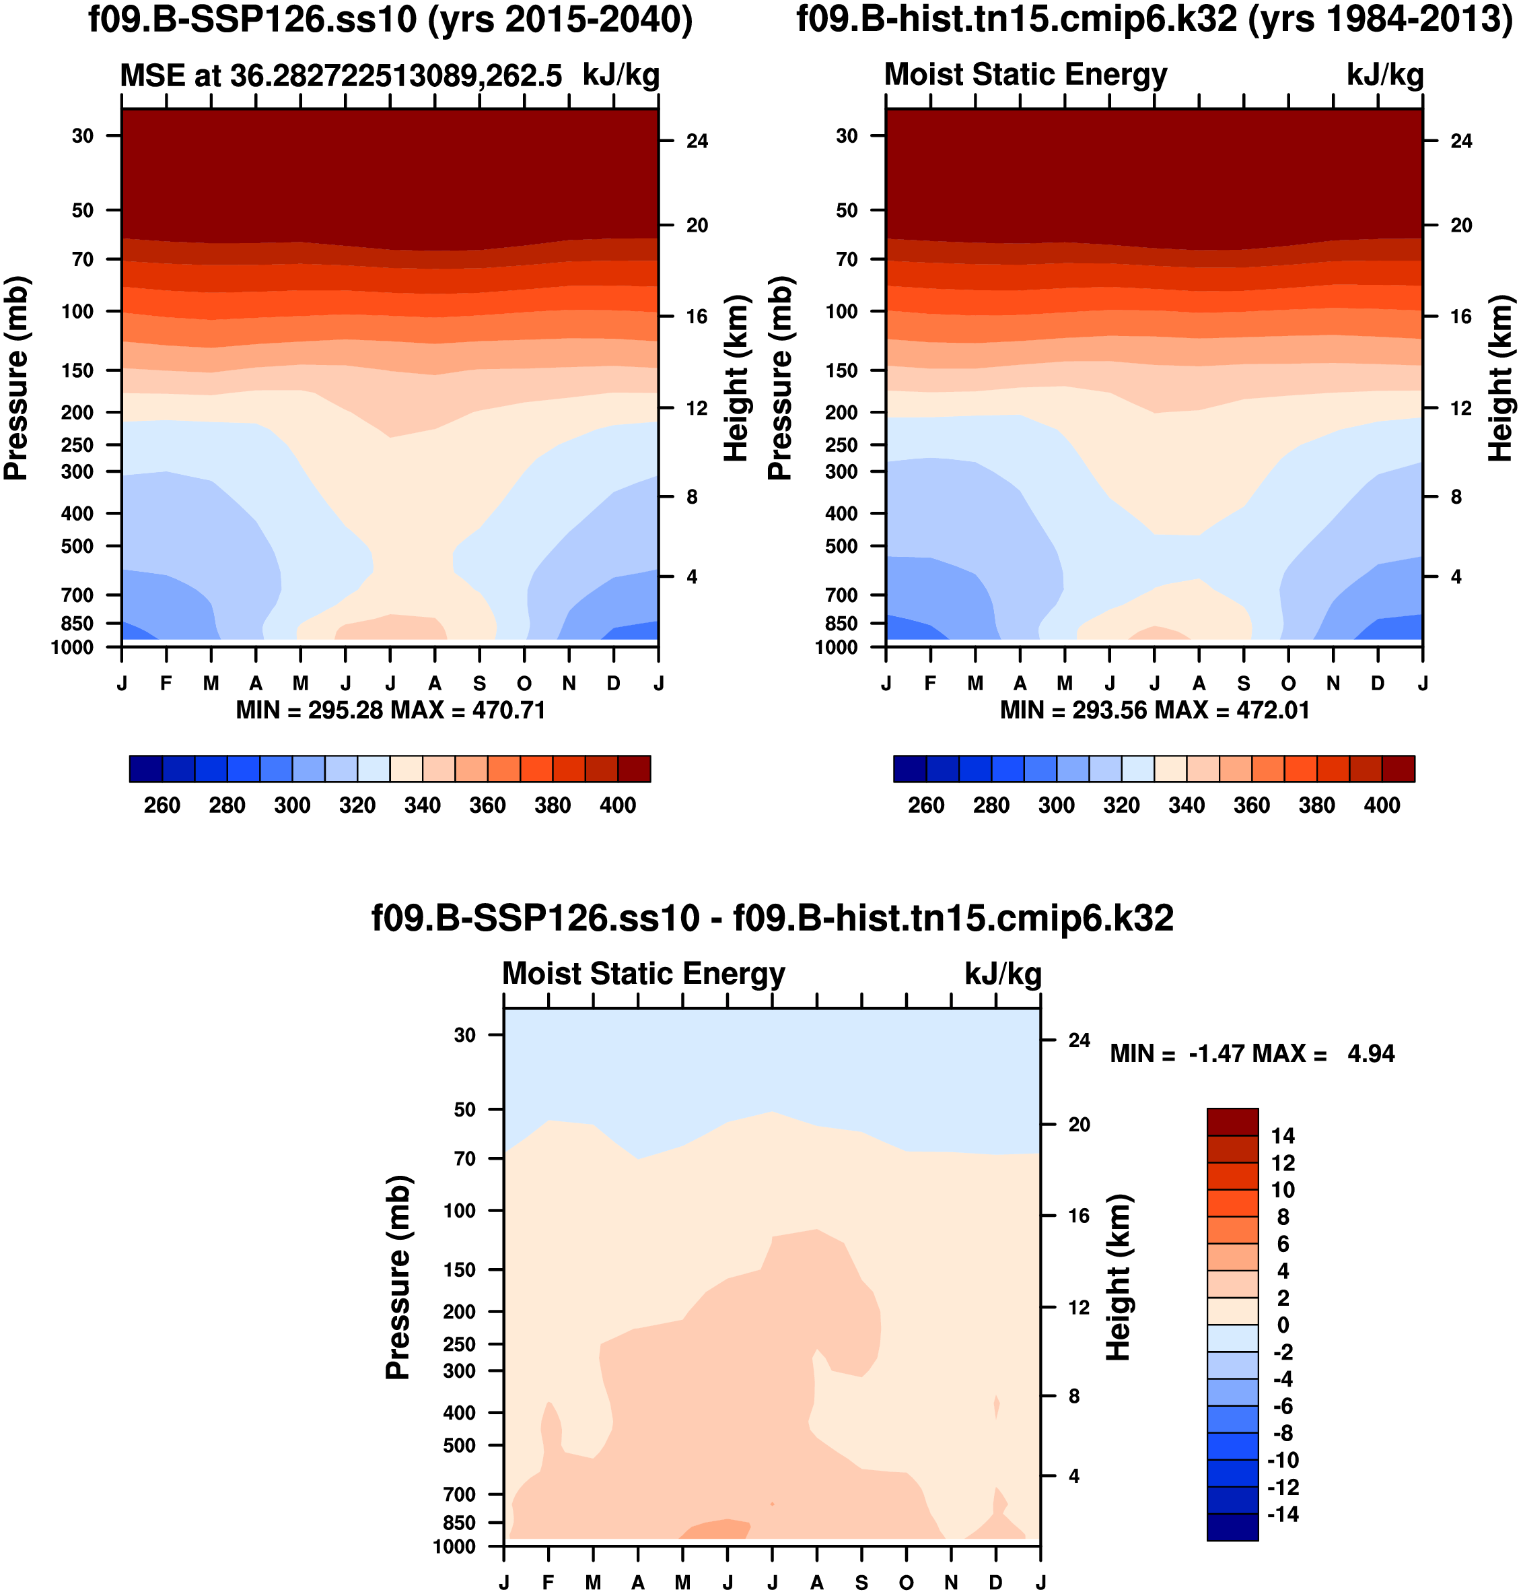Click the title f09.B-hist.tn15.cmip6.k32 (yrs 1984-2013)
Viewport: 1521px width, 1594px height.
[x=1154, y=20]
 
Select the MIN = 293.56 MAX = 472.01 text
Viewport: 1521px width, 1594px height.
[x=1154, y=710]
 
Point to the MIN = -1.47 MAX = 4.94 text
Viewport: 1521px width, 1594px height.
[x=1252, y=1054]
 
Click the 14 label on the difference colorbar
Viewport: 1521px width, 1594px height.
[x=1283, y=1135]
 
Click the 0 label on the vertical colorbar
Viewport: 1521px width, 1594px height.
[x=1283, y=1325]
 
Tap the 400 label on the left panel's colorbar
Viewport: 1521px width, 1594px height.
[x=618, y=805]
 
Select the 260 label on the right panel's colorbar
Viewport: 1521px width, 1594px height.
[x=926, y=805]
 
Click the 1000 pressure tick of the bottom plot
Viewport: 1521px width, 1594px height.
[x=454, y=1546]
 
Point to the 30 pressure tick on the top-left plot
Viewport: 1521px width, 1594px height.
[x=83, y=135]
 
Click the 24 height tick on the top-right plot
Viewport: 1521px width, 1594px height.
[x=1461, y=141]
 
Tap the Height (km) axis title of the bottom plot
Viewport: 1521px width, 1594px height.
[x=1118, y=1277]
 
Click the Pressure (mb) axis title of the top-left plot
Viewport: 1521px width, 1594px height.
[x=16, y=378]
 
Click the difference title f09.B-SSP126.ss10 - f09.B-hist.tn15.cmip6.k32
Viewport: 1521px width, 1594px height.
[x=772, y=919]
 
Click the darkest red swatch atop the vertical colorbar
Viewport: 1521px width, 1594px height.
[x=1232, y=1122]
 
